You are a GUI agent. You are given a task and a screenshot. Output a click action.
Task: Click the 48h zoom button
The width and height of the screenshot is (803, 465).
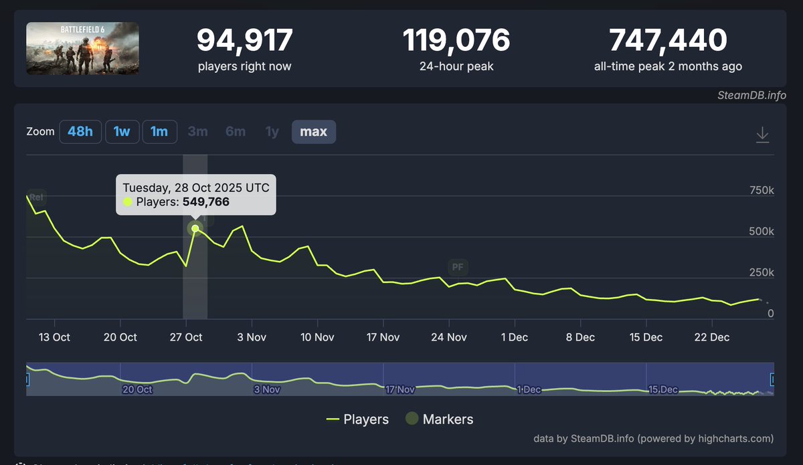click(80, 132)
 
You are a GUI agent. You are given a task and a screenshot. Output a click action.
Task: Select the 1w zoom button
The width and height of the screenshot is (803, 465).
click(122, 132)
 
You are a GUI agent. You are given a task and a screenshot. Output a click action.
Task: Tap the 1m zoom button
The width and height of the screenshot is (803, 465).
click(159, 132)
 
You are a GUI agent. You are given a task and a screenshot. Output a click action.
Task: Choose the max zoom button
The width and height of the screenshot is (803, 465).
click(313, 132)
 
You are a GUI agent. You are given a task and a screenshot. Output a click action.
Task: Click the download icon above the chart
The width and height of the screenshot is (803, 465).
click(762, 135)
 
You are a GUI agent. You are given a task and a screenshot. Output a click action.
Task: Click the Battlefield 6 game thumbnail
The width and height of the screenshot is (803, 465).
click(82, 48)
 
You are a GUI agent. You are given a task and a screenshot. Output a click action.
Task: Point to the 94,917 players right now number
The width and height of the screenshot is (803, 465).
click(244, 41)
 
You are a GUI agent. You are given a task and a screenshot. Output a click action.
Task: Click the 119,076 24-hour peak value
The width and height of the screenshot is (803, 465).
click(456, 41)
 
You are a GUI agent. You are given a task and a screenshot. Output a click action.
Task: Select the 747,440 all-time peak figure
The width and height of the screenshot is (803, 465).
click(668, 41)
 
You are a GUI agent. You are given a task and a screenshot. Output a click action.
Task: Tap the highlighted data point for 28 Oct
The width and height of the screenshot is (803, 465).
click(195, 228)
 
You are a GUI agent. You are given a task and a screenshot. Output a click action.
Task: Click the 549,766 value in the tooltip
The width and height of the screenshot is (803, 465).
click(205, 201)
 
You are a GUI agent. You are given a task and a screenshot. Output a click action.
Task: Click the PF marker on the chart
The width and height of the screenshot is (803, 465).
click(458, 268)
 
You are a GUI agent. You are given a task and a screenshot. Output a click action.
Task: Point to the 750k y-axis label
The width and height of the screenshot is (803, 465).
click(761, 191)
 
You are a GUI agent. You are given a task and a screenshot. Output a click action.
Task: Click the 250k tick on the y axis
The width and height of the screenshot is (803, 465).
click(761, 272)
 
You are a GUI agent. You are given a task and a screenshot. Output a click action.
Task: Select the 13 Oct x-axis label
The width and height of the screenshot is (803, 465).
click(54, 337)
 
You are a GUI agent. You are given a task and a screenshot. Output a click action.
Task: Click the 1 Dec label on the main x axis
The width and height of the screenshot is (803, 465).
click(514, 337)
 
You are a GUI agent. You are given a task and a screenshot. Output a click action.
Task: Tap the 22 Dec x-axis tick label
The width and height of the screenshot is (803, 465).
click(711, 337)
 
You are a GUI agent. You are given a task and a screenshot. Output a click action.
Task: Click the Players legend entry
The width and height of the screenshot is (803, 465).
click(357, 420)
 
